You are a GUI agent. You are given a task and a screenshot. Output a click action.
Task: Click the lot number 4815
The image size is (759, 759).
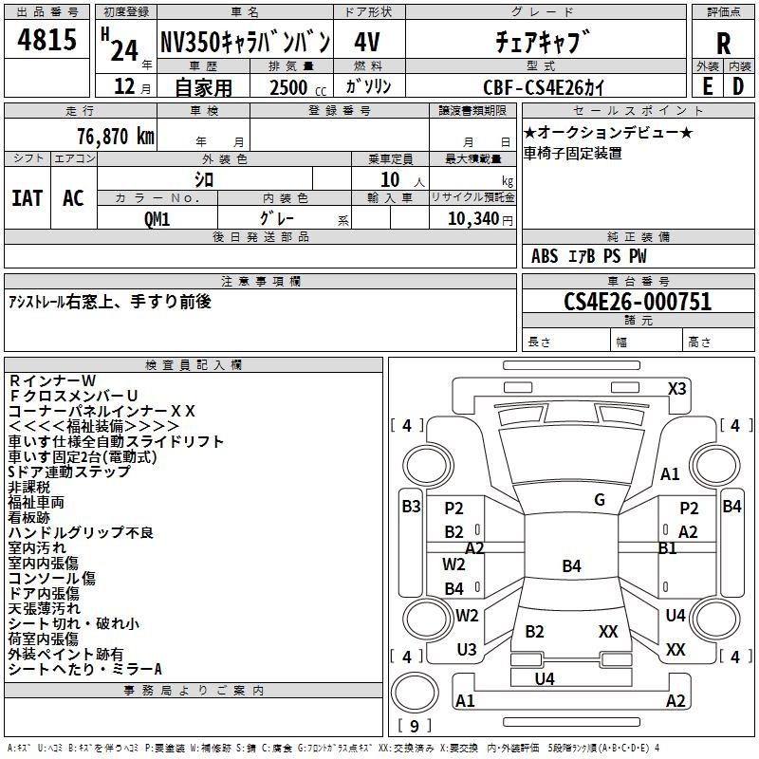(x=47, y=40)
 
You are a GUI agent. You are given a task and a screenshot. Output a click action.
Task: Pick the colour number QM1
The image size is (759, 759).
(x=157, y=218)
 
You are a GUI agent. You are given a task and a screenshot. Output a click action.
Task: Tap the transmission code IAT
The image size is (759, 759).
(x=27, y=197)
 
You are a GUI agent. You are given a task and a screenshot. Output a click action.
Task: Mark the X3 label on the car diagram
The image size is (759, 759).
(x=677, y=388)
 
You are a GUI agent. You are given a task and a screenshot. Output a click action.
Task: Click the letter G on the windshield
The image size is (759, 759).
(x=600, y=500)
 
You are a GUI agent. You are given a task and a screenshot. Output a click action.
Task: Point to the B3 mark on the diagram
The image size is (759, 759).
(x=411, y=507)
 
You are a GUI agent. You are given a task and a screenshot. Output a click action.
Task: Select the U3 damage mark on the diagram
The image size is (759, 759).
(x=466, y=650)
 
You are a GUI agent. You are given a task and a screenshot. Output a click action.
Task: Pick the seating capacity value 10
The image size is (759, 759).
(x=390, y=179)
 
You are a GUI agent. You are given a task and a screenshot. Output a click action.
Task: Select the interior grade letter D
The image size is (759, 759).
(x=738, y=85)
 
